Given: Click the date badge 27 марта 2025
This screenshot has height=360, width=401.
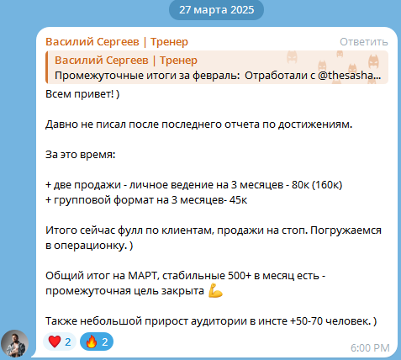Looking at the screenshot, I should (216, 11).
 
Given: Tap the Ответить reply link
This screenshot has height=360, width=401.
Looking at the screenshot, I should (365, 42).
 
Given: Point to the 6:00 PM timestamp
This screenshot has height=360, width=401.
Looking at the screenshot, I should (369, 347).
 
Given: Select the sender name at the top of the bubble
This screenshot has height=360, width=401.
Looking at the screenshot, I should (117, 42).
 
